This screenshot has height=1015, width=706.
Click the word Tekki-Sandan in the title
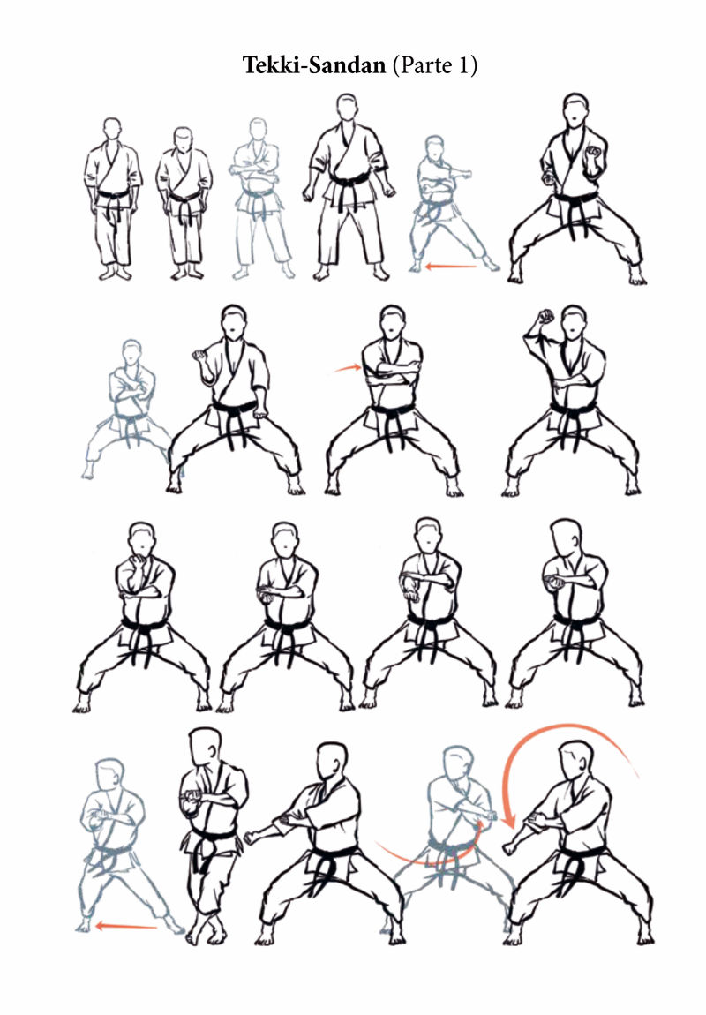pyautogui.click(x=314, y=64)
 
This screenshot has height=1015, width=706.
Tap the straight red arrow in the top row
pyautogui.click(x=451, y=266)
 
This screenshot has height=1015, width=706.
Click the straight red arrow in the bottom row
pyautogui.click(x=126, y=927)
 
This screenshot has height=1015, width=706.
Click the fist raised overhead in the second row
pyautogui.click(x=546, y=317)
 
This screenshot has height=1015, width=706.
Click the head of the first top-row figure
pyautogui.click(x=113, y=129)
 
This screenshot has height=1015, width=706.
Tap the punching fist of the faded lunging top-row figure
pyautogui.click(x=464, y=174)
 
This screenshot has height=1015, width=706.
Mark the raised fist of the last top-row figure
pyautogui.click(x=593, y=154)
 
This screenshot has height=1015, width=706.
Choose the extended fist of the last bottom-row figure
pyautogui.click(x=511, y=846)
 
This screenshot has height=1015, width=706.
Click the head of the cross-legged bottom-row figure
pyautogui.click(x=206, y=746)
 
